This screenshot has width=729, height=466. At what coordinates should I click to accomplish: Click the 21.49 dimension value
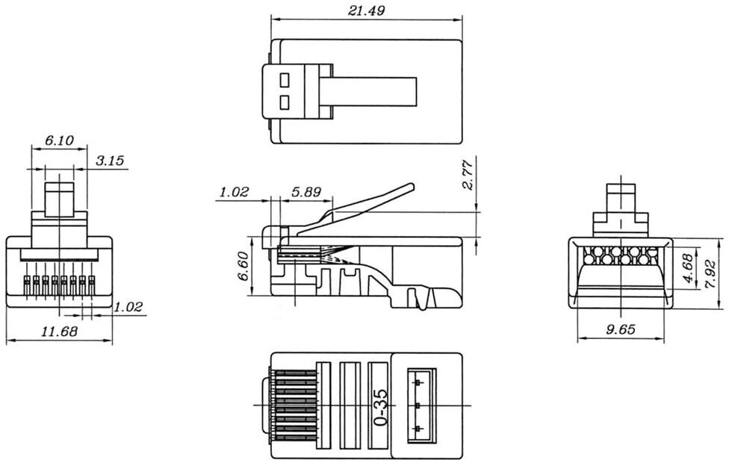click(366, 10)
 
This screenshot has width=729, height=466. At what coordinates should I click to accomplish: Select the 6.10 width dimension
click(59, 140)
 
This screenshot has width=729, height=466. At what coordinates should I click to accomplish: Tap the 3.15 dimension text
click(111, 161)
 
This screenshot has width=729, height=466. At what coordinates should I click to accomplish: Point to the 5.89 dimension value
click(306, 192)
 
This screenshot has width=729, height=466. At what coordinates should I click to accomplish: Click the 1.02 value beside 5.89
click(234, 192)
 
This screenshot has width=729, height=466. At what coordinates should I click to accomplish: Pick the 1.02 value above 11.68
click(128, 306)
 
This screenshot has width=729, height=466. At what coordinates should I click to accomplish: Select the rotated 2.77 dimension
click(468, 175)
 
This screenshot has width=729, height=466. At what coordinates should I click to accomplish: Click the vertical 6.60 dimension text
click(243, 267)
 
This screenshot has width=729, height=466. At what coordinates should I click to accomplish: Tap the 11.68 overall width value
click(60, 332)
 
